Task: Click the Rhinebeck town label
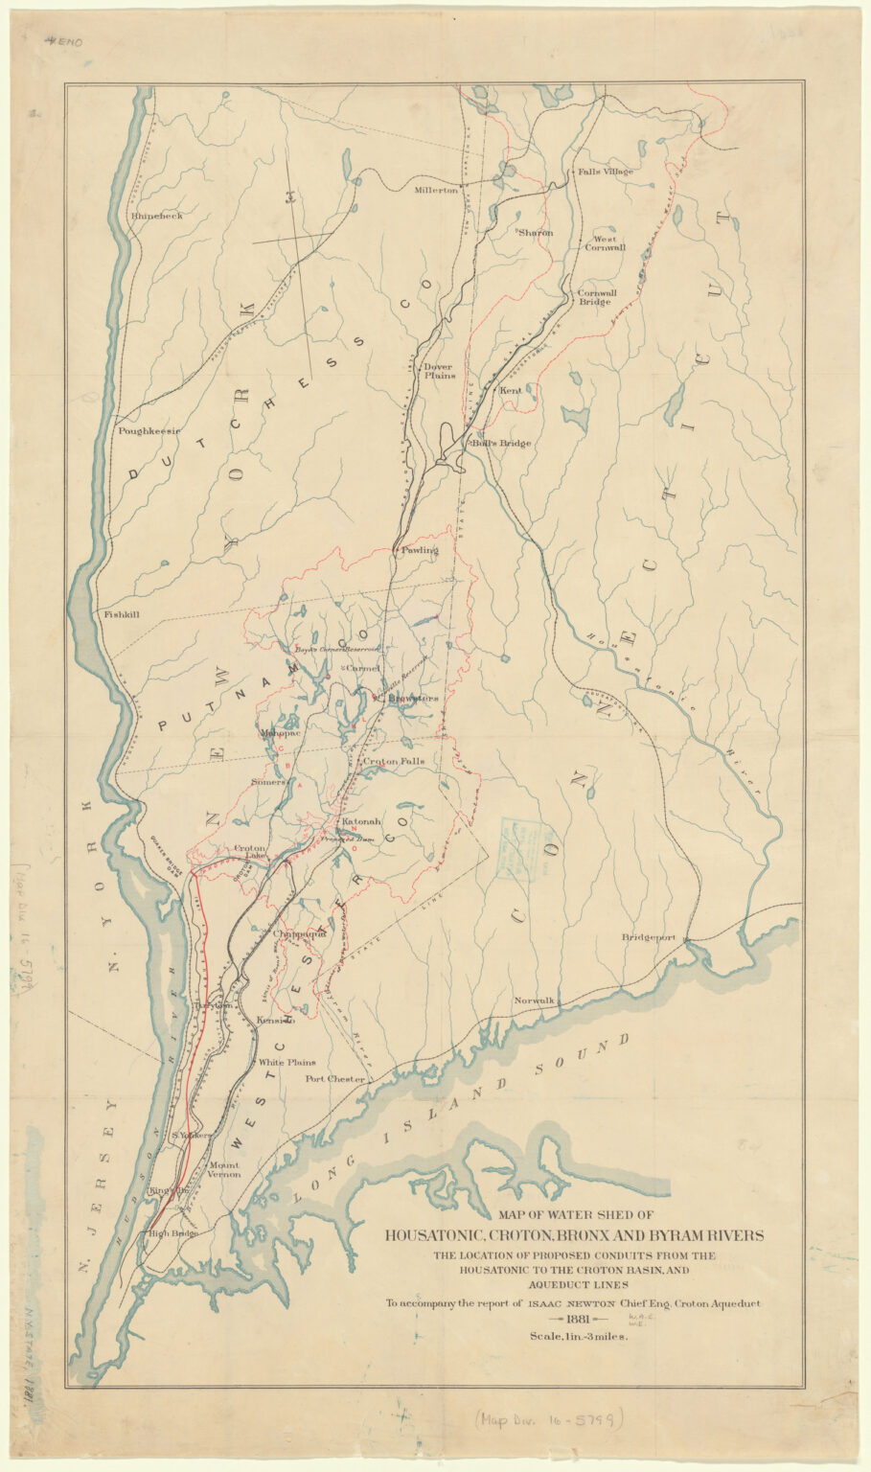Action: tap(156, 217)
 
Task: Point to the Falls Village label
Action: tap(606, 172)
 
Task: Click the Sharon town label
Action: tap(536, 233)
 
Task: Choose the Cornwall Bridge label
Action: tap(596, 297)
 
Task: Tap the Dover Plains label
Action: tap(439, 371)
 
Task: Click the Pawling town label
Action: tap(420, 550)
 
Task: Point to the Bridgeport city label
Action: tap(649, 937)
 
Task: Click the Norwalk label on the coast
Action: tap(534, 1000)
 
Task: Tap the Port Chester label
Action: tap(334, 1079)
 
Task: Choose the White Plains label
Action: tap(287, 1063)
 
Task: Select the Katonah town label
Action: tap(362, 822)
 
